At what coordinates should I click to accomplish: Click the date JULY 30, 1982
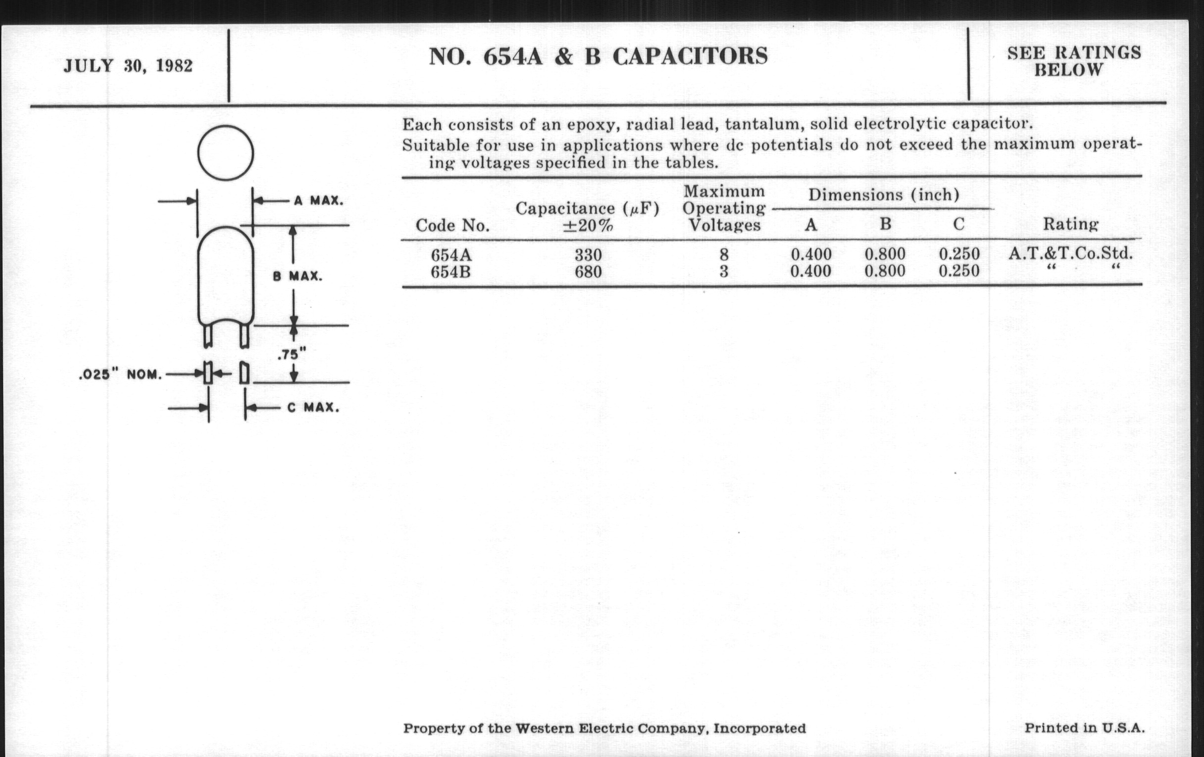click(128, 66)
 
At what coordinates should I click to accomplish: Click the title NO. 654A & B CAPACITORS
click(598, 56)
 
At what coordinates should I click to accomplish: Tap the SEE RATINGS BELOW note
click(1074, 61)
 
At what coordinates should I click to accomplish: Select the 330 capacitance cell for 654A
click(588, 255)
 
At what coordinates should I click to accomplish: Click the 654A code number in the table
click(451, 255)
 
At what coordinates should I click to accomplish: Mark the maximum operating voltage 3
click(723, 272)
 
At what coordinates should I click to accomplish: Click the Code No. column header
click(452, 225)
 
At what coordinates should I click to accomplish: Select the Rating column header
click(1070, 224)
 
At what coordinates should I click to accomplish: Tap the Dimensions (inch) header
click(884, 194)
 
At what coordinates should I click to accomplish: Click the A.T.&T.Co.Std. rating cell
click(1070, 253)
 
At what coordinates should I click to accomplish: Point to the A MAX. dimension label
click(318, 201)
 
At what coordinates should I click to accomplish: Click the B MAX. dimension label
click(298, 276)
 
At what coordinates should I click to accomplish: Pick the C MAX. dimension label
click(313, 408)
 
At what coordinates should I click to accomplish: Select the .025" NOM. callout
click(120, 375)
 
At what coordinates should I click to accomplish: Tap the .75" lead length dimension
click(292, 355)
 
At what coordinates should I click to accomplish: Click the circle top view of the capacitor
click(225, 153)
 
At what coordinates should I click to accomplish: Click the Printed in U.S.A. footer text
click(1084, 728)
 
